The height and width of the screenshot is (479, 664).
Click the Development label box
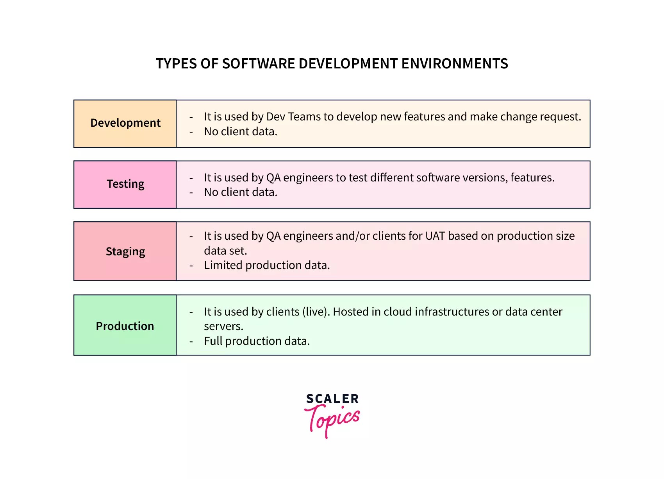pos(125,124)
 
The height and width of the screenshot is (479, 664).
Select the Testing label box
pos(125,184)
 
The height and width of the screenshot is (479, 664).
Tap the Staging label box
pos(125,251)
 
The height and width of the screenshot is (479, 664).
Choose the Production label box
pos(125,325)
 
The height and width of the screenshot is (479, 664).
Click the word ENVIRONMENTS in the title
pos(455,64)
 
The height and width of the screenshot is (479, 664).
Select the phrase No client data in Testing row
pos(240,192)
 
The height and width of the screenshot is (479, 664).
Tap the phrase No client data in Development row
pos(240,132)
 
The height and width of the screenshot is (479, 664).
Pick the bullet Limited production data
pos(267,266)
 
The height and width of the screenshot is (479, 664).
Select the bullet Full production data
pos(257,341)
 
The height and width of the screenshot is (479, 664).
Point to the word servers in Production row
pos(223,327)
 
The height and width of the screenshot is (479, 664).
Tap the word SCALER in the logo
pos(332,399)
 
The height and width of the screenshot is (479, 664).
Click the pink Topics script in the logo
pos(332,420)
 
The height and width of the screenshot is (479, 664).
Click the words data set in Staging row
pos(225,251)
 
